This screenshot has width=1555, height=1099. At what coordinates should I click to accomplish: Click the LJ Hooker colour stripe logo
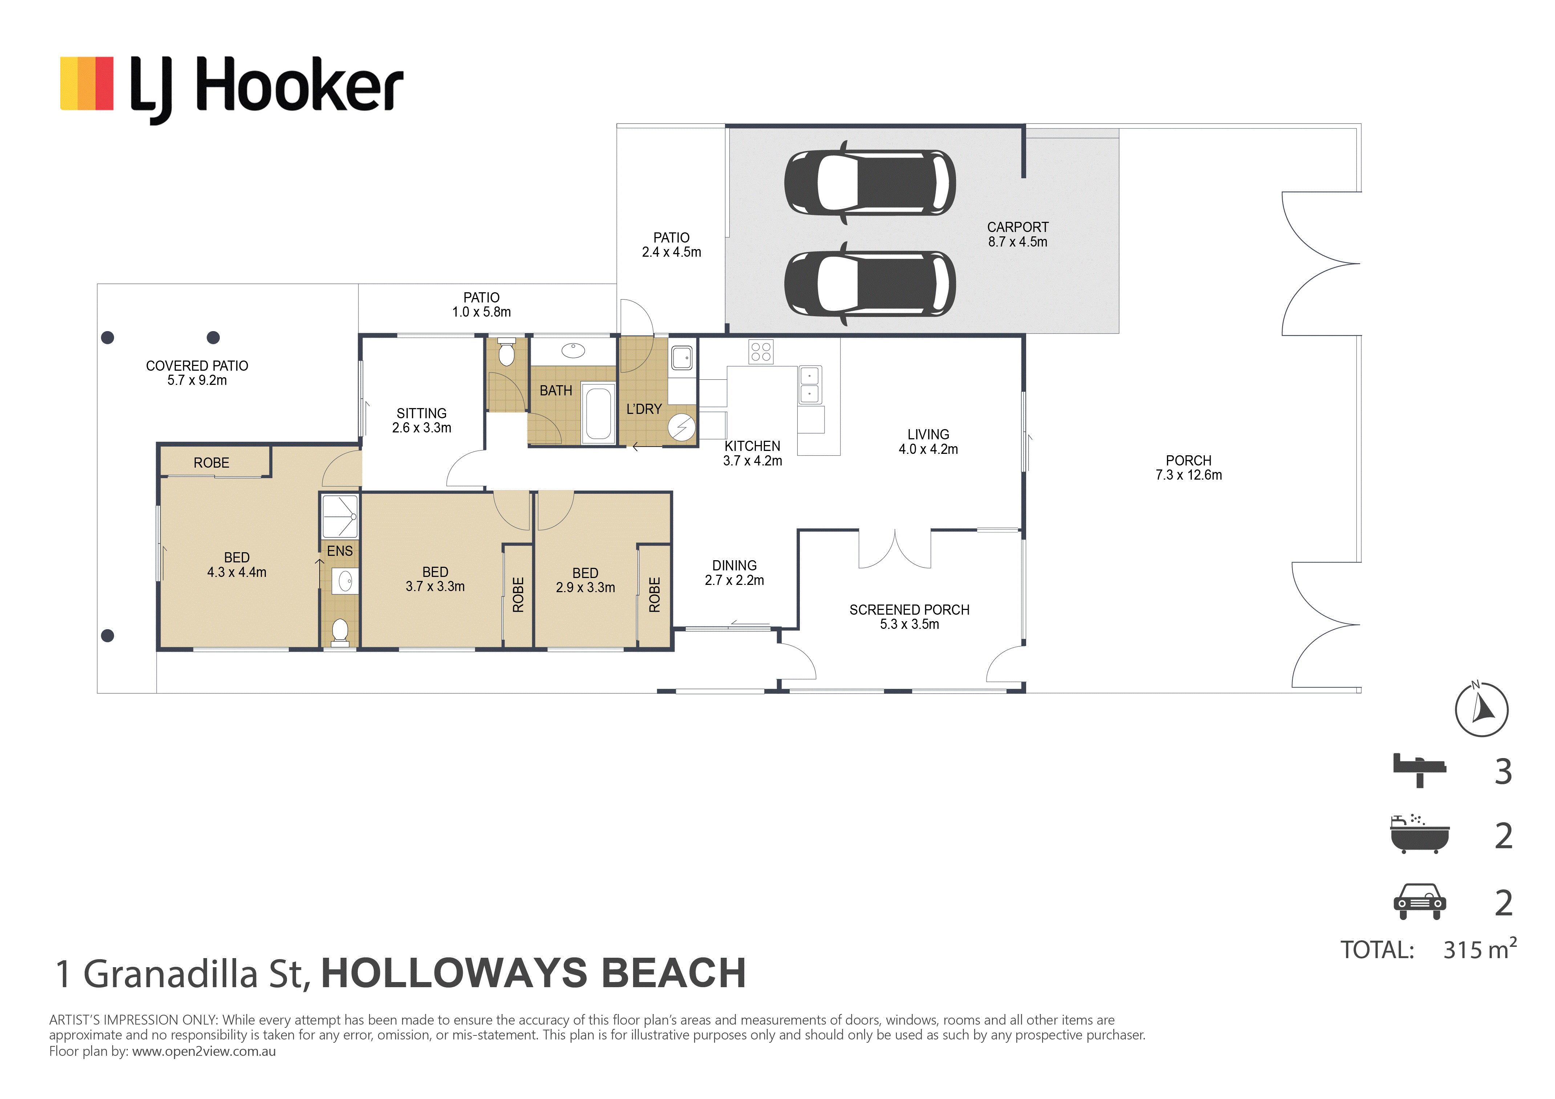[x=87, y=83]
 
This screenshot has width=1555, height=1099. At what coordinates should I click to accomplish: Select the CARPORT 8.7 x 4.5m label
[x=1017, y=234]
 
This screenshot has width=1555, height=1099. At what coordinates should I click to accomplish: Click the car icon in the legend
[x=1420, y=901]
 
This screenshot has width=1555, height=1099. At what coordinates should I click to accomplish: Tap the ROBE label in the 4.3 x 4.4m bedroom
[x=211, y=463]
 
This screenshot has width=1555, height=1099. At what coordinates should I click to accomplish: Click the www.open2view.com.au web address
[x=204, y=1051]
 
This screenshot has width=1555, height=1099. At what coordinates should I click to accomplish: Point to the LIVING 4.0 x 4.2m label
[x=928, y=441]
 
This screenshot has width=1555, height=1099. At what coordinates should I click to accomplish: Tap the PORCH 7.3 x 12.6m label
[x=1188, y=467]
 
